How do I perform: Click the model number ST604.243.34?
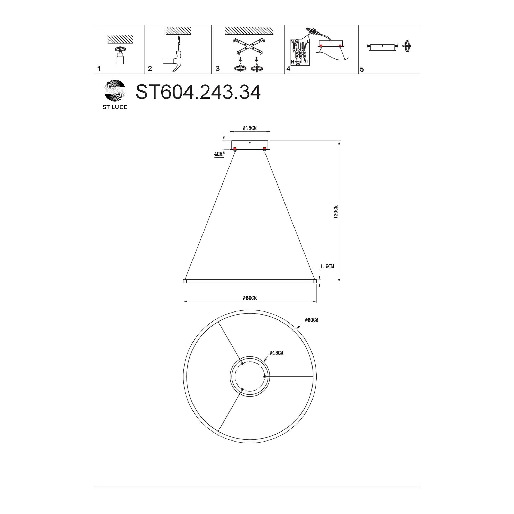(x=198, y=92)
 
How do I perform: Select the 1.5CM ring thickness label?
(x=327, y=266)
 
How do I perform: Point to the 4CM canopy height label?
(x=218, y=154)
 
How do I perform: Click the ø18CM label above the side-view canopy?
(x=250, y=128)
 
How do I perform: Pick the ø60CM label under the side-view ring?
(x=250, y=298)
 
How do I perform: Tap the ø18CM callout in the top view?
(x=277, y=353)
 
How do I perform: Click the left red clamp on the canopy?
(x=235, y=149)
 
